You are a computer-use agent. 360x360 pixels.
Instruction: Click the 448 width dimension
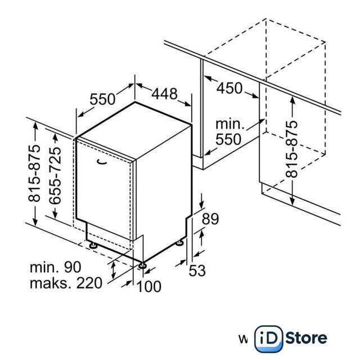tap(164, 94)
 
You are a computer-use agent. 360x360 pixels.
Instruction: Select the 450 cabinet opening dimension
tap(229, 88)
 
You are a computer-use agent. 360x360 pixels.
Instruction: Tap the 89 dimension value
tap(210, 219)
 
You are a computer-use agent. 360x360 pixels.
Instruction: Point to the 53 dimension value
tap(197, 271)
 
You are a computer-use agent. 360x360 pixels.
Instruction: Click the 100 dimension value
tap(148, 286)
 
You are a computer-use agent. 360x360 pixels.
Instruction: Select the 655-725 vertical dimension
tap(55, 175)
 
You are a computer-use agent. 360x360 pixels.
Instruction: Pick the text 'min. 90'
tap(56, 267)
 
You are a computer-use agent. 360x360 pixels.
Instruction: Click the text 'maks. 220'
tap(66, 283)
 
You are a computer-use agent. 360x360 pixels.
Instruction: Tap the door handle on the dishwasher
tap(102, 162)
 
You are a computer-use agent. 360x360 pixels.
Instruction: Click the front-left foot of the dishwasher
tap(93, 245)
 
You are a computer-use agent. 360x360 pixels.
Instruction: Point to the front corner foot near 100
tap(142, 265)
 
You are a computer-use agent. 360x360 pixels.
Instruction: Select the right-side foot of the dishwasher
tap(179, 242)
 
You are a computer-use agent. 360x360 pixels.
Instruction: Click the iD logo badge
tap(268, 339)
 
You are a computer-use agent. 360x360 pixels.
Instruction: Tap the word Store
tap(306, 337)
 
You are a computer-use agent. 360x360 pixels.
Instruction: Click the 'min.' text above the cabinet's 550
tap(230, 124)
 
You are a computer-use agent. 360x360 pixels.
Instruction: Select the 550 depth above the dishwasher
tap(102, 99)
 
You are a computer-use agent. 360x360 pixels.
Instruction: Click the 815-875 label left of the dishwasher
tap(34, 174)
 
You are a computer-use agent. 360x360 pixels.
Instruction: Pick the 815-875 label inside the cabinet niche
tap(291, 149)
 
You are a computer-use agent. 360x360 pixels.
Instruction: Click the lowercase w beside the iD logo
tap(243, 339)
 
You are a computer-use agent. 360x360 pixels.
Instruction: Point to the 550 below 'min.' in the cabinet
tap(228, 139)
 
